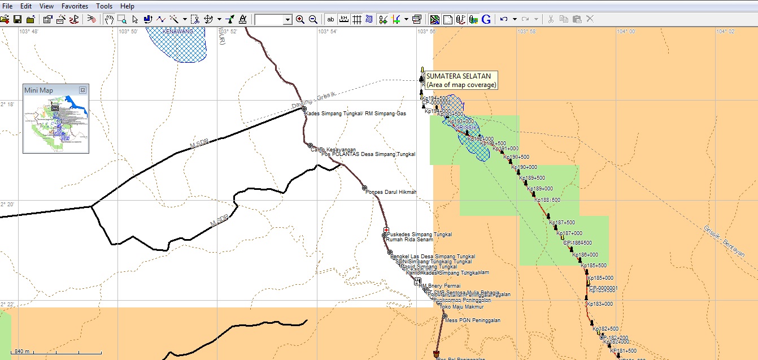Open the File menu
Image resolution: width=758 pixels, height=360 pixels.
7,6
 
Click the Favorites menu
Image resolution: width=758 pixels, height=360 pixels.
75,6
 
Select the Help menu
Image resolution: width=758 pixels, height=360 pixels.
127,6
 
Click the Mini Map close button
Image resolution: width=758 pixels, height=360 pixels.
82,90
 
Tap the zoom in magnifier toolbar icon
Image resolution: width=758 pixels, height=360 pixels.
300,19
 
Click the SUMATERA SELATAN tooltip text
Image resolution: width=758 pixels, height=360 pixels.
458,76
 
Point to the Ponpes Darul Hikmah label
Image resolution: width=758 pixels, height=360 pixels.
391,192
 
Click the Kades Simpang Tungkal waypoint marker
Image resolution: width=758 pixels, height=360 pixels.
304,109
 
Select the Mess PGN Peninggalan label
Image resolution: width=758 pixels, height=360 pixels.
473,320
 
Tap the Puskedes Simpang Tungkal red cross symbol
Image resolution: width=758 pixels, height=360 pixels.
386,230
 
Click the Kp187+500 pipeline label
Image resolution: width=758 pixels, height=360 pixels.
562,223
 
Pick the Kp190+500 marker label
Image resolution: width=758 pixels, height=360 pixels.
516,157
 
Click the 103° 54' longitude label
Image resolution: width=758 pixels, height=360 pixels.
328,32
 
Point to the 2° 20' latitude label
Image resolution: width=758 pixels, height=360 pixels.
7,204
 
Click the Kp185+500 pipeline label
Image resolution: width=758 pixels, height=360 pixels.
594,266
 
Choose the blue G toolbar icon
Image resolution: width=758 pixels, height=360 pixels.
486,19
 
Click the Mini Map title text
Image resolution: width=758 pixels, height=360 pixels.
38,90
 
